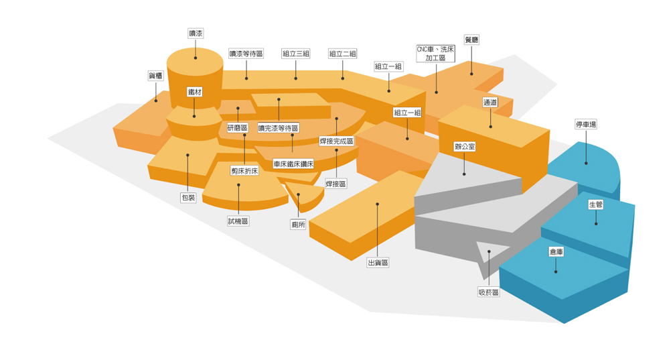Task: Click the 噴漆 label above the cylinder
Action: [x=196, y=34]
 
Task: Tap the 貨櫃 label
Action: [x=156, y=76]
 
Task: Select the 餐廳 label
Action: [x=471, y=40]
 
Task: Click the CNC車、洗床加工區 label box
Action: [x=436, y=54]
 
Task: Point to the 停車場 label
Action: [x=586, y=125]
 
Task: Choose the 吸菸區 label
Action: [x=489, y=292]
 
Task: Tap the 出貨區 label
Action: [x=378, y=263]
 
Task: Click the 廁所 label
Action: [x=298, y=225]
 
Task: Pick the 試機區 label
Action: [x=238, y=221]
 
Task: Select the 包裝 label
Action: [x=188, y=198]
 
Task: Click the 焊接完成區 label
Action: [x=337, y=141]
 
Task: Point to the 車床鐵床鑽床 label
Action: [x=293, y=164]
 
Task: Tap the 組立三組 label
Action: [x=296, y=54]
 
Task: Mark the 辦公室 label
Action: [x=465, y=147]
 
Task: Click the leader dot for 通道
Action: [x=490, y=127]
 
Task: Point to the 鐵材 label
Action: [x=195, y=92]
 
